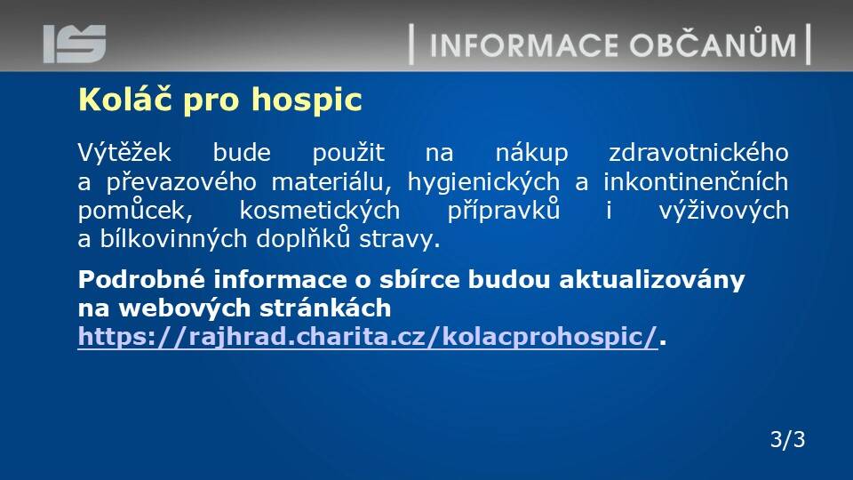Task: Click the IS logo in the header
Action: [x=75, y=44]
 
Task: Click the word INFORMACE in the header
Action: [x=524, y=45]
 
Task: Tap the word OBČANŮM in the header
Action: [x=713, y=43]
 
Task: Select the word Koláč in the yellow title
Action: [x=127, y=99]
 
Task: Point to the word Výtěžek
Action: [x=124, y=152]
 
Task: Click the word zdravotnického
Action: [x=698, y=153]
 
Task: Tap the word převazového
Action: [x=181, y=181]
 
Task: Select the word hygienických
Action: [x=483, y=182]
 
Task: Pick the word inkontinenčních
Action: [x=696, y=181]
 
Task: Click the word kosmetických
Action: [x=320, y=211]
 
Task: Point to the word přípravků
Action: [x=504, y=211]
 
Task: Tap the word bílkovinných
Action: [x=173, y=239]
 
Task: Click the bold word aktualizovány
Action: [x=651, y=281]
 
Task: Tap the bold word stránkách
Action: [x=325, y=308]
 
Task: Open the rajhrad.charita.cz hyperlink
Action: [x=368, y=337]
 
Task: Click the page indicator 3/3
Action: [x=788, y=439]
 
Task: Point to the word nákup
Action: [x=532, y=153]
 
